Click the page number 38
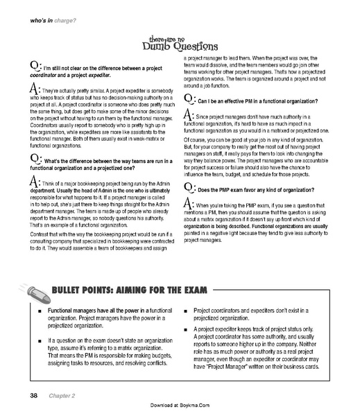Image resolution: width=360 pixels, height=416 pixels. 33,396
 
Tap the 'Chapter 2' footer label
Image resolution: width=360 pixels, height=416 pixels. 62,396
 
